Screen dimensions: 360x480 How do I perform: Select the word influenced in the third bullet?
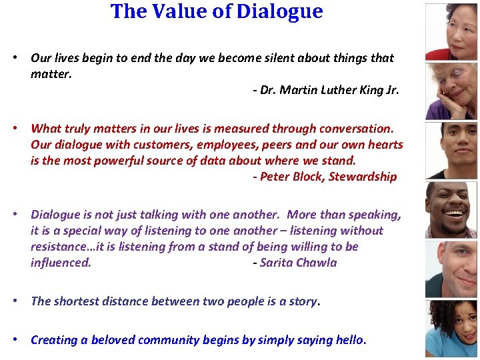61,263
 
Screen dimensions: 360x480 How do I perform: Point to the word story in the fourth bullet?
303,301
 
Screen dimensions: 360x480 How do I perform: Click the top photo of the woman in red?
452,31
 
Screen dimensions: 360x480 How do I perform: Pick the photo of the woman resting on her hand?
452,91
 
